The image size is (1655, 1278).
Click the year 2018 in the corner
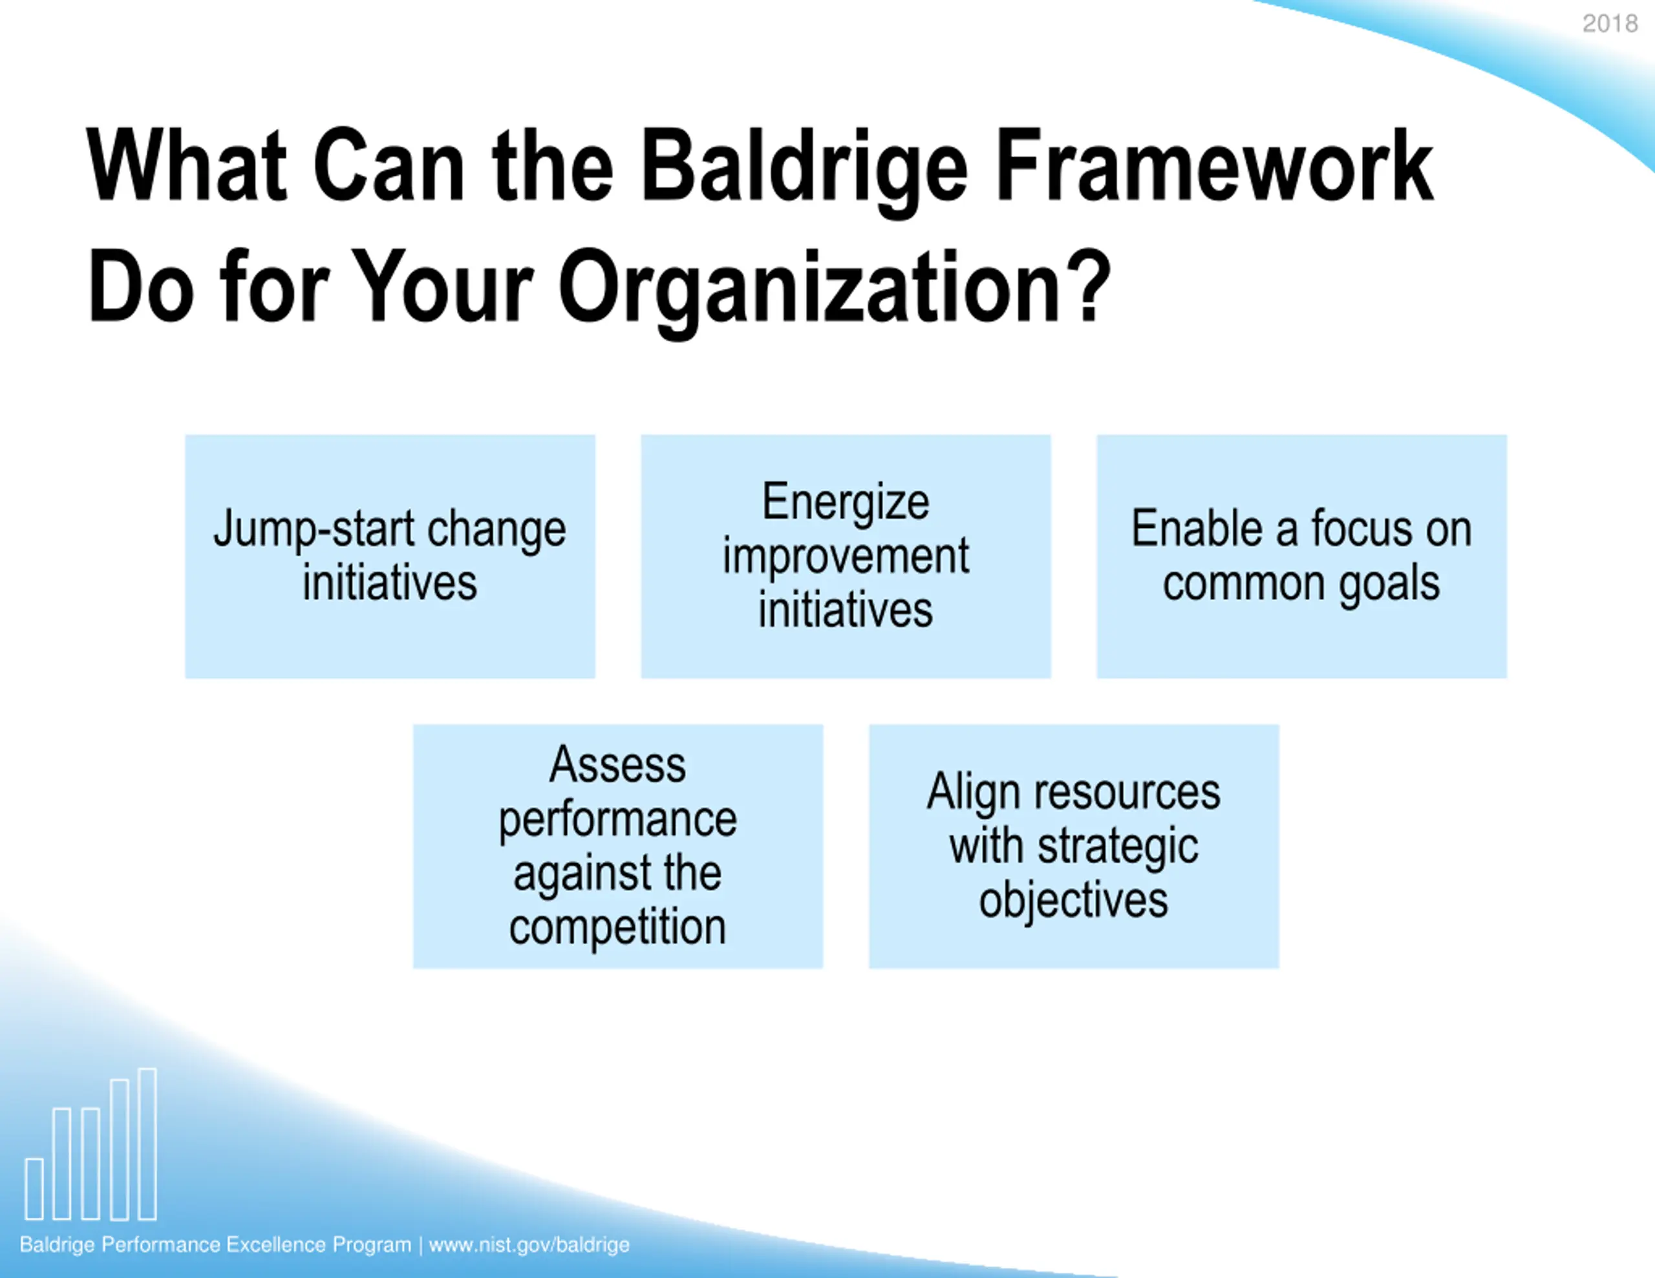(x=1610, y=23)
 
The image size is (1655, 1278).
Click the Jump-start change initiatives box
(x=390, y=556)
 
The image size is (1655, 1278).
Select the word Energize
(x=846, y=503)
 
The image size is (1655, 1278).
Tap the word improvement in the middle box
(x=846, y=558)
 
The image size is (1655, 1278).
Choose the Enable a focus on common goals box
(x=1302, y=556)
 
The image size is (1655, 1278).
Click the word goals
(x=1389, y=585)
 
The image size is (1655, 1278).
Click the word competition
(x=617, y=928)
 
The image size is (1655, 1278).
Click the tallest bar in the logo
(x=148, y=1144)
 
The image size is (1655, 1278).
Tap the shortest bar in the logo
(x=34, y=1189)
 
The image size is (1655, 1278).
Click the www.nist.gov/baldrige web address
(x=529, y=1244)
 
